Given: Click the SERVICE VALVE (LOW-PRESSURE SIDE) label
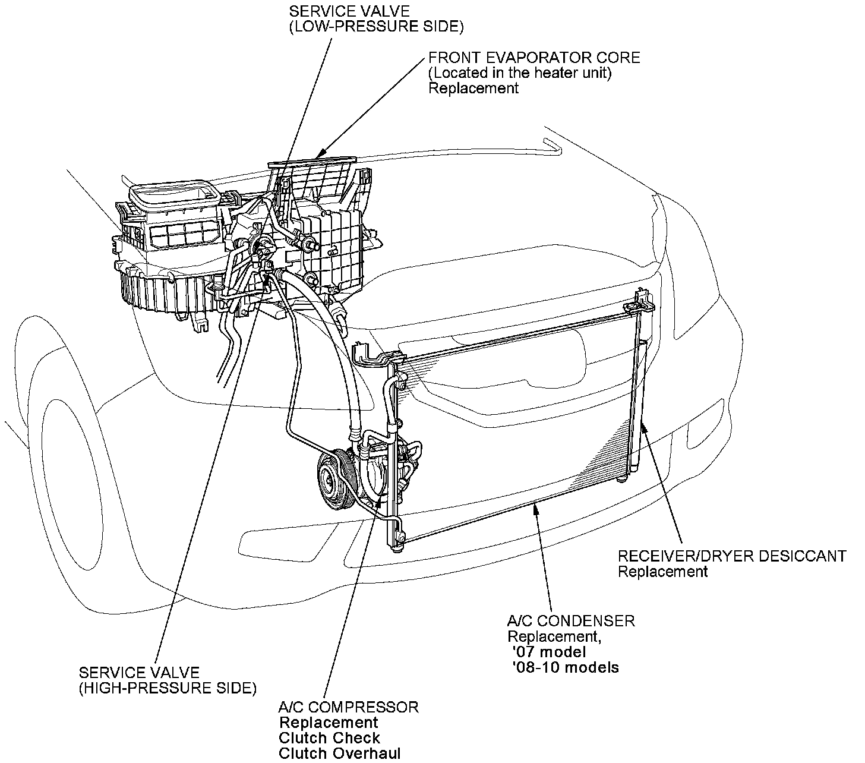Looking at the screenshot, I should click(x=375, y=19).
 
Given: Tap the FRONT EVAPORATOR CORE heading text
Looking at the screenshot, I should click(x=534, y=58).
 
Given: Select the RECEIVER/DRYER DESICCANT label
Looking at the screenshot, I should click(x=731, y=556).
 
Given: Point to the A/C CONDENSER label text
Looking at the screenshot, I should click(x=570, y=621).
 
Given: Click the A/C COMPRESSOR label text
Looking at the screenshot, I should click(x=349, y=707).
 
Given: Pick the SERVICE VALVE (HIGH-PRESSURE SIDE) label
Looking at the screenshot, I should click(x=168, y=680).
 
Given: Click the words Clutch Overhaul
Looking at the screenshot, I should click(x=339, y=753).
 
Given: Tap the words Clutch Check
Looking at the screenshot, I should click(x=330, y=738).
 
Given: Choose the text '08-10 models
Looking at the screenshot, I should click(x=565, y=667).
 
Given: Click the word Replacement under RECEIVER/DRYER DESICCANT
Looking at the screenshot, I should click(x=662, y=572).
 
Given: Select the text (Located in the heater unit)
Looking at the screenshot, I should click(x=520, y=73).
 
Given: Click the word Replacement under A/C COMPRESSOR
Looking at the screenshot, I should click(x=329, y=723).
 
